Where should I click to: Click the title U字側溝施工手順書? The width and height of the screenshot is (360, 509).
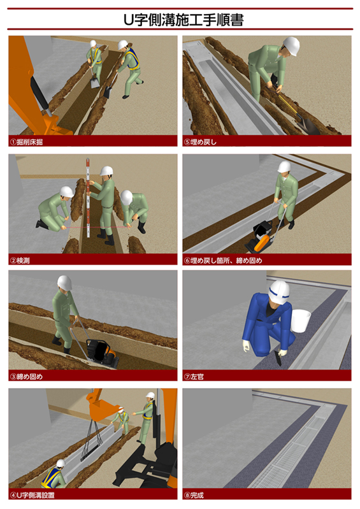pyautogui.click(x=184, y=20)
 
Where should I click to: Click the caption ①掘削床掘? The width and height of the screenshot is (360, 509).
pyautogui.click(x=27, y=142)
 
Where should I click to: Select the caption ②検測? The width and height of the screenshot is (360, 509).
pyautogui.click(x=20, y=261)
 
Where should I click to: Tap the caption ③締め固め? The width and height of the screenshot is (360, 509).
pyautogui.click(x=27, y=376)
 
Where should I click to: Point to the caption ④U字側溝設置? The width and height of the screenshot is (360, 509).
pyautogui.click(x=32, y=495)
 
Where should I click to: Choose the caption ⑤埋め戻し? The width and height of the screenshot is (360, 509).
pyautogui.click(x=200, y=142)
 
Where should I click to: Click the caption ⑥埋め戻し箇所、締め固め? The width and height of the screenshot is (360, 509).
pyautogui.click(x=223, y=261)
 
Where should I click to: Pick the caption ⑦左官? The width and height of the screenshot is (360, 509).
pyautogui.click(x=194, y=376)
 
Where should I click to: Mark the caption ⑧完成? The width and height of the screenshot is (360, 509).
pyautogui.click(x=194, y=495)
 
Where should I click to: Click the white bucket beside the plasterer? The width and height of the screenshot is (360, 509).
pyautogui.click(x=300, y=320)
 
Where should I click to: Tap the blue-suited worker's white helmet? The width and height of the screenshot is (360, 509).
pyautogui.click(x=279, y=292)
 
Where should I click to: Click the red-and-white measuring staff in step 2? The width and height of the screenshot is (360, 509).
pyautogui.click(x=88, y=197)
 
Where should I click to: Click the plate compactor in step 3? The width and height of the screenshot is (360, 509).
pyautogui.click(x=102, y=353)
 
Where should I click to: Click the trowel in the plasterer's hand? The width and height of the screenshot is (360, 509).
pyautogui.click(x=278, y=358)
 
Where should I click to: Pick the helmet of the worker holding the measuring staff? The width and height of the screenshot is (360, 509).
pyautogui.click(x=106, y=171)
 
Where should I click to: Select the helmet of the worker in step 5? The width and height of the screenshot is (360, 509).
pyautogui.click(x=291, y=45)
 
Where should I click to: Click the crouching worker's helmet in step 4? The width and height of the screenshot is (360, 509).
pyautogui.click(x=61, y=463)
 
